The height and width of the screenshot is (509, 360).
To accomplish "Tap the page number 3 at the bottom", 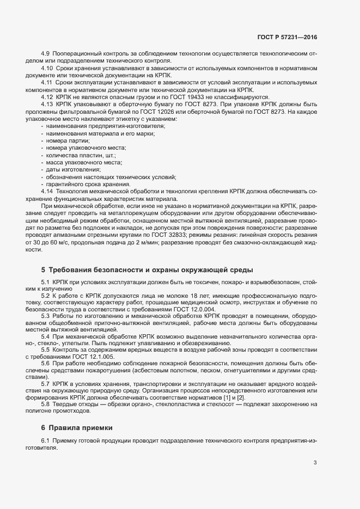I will pos(315,463).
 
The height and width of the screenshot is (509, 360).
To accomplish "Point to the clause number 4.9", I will pos(45,54).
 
